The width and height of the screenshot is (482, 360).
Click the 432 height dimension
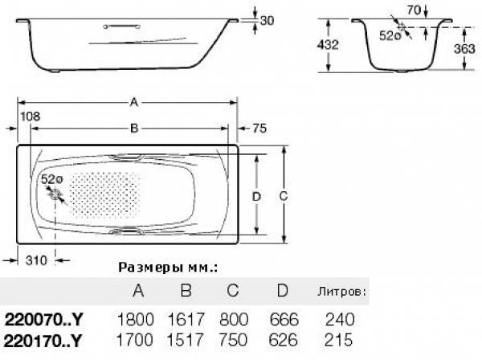pos(328,45)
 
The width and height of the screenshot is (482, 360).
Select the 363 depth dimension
pos(464,48)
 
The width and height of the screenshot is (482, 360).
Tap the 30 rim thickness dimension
pos(267,21)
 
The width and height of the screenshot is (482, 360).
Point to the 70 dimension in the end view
pos(414,10)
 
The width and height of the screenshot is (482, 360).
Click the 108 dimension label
pos(31,117)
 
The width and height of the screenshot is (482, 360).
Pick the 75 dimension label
pos(259,129)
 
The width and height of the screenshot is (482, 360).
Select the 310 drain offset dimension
pos(36,260)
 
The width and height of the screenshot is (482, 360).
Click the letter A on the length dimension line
pos(133,102)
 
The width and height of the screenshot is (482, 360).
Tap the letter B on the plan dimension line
pos(134,129)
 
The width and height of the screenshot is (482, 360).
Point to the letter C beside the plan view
pos(283,196)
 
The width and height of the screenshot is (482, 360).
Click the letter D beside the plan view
pos(256,196)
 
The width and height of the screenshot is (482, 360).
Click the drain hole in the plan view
pos(55,194)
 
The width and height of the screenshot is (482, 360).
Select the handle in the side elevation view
pos(122,27)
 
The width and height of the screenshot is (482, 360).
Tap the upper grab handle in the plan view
pos(126,157)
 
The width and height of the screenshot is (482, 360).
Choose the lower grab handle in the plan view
pos(126,231)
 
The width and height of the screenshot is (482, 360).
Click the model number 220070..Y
pos(43,320)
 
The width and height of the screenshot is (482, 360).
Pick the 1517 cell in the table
pos(185,340)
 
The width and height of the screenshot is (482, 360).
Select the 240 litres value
pos(340,319)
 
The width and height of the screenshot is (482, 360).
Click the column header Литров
pos(342,291)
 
